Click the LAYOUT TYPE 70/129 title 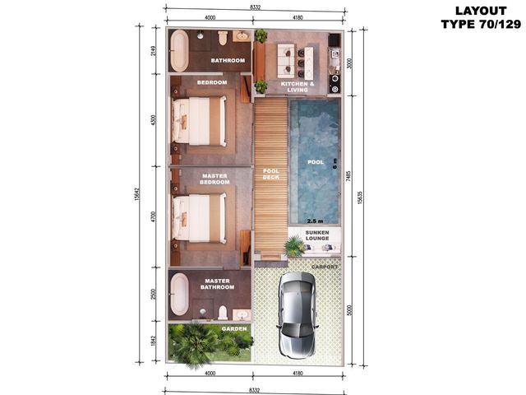481,17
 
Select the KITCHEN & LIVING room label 298,87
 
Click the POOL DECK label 271,174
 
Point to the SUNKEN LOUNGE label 317,235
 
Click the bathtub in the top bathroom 179,50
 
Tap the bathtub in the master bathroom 179,295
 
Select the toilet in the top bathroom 223,38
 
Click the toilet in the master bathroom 223,313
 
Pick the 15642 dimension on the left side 137,194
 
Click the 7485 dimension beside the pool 348,176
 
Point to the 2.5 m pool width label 316,221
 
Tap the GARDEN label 234,329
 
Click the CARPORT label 325,267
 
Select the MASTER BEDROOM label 215,179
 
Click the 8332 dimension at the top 255,7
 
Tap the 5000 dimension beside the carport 349,310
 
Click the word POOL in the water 316,162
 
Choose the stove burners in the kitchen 335,84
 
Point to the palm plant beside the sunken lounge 294,245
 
